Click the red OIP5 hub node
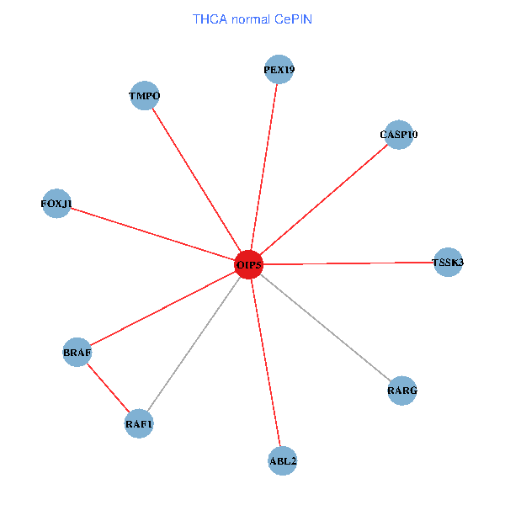(249, 265)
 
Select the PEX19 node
(279, 70)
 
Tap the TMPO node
(145, 96)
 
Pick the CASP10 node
(398, 135)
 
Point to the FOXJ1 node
(56, 204)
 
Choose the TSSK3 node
(448, 263)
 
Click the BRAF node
(77, 352)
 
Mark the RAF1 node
(139, 423)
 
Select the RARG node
(402, 391)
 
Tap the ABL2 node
(283, 460)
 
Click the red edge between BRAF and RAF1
(108, 387)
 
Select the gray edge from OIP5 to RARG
(326, 328)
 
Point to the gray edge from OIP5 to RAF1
(194, 344)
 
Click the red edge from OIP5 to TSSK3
(348, 263)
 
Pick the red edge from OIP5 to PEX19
(264, 167)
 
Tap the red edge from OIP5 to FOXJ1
(152, 234)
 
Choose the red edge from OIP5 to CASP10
(323, 200)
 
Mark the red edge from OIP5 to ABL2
(266, 363)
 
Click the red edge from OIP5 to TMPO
(197, 180)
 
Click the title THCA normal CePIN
(252, 19)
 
